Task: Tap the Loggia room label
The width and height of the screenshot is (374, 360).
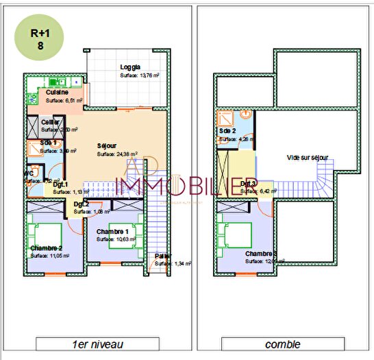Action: (x=130, y=67)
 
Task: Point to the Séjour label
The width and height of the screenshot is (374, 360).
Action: (x=107, y=146)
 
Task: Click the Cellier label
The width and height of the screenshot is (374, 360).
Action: (x=50, y=121)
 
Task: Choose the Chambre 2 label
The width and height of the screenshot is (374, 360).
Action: (x=46, y=248)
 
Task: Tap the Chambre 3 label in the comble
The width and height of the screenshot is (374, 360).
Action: (x=262, y=253)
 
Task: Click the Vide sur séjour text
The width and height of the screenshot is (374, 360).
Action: (x=307, y=158)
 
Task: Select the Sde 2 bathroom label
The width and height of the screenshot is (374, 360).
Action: (x=227, y=131)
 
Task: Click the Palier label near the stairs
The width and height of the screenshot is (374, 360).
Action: (x=162, y=256)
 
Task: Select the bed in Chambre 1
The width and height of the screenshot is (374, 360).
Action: (x=130, y=232)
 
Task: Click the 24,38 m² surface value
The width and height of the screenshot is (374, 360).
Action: (x=124, y=154)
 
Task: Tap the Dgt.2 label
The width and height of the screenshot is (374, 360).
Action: (x=82, y=204)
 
